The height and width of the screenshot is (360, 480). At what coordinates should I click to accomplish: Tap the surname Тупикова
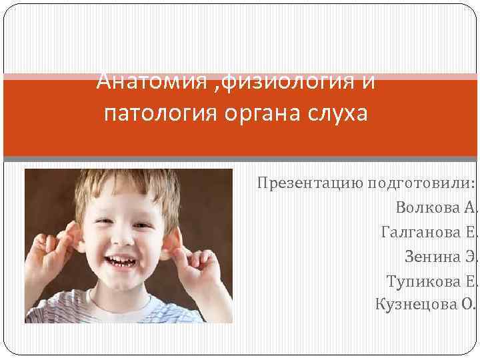click(423, 281)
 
